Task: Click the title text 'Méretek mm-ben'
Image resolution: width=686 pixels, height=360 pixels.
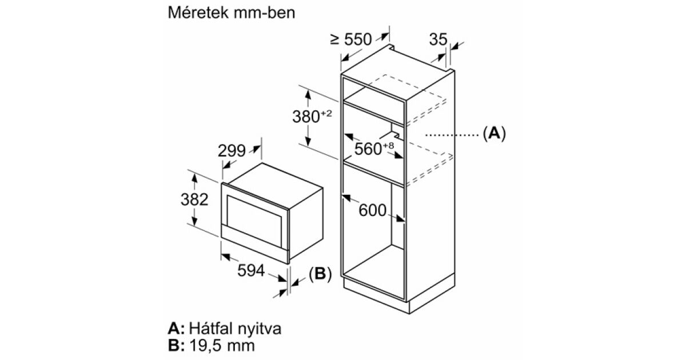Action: coord(232,13)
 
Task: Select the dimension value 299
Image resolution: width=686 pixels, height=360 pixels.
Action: coord(232,151)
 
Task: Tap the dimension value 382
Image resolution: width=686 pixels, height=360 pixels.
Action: coord(194,199)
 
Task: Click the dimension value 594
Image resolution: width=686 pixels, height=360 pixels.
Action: coord(251,270)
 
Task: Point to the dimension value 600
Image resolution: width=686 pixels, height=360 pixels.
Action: coord(372,210)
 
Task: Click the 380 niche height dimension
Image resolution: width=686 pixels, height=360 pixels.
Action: coord(312,116)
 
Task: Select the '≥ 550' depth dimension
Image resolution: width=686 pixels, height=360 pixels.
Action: coord(351,39)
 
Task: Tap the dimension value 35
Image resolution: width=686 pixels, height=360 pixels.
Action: coord(438,39)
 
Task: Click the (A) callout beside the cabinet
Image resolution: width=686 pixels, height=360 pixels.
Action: coord(494,134)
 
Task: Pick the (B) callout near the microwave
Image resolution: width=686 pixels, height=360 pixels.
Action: coord(320,274)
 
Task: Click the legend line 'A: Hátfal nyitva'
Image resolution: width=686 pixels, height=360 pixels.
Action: coord(225,329)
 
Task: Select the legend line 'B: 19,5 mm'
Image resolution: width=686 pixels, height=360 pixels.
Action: coord(212,345)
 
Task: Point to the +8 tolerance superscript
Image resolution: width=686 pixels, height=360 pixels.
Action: coord(388,145)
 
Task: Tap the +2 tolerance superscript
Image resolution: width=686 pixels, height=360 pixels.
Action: coord(326,113)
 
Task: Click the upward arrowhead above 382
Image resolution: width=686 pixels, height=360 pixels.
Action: coord(194,178)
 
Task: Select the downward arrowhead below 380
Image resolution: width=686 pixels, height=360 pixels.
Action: coord(308,141)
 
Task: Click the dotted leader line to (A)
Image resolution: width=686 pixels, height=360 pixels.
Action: coord(452,135)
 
